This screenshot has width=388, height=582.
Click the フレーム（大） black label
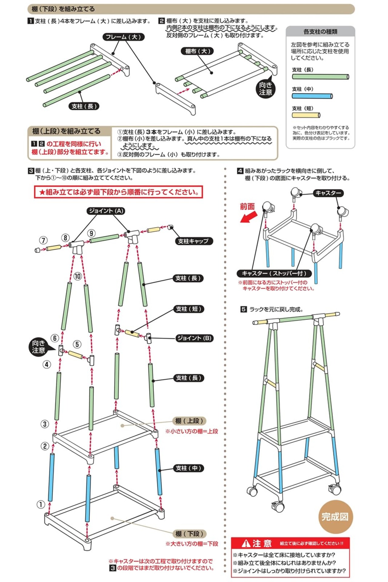click(123, 37)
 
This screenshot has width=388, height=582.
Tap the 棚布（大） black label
click(197, 51)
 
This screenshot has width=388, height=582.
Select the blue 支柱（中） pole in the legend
click(312, 96)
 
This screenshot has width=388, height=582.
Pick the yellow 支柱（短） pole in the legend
click(306, 115)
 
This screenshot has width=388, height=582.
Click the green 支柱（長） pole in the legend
click(320, 77)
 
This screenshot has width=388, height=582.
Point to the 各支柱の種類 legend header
click(320, 32)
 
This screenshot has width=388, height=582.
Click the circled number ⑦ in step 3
click(43, 241)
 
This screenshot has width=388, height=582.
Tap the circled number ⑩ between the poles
click(78, 276)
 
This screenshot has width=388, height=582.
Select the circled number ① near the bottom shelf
click(41, 504)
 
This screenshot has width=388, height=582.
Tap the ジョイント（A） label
click(106, 211)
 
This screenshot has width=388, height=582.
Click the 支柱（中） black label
click(188, 468)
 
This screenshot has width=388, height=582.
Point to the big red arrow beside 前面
click(249, 217)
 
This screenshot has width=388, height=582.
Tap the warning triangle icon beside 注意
click(246, 543)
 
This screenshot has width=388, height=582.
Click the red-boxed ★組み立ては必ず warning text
click(119, 192)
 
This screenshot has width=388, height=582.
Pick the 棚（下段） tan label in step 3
click(190, 534)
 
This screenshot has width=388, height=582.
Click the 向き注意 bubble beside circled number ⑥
click(38, 347)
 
